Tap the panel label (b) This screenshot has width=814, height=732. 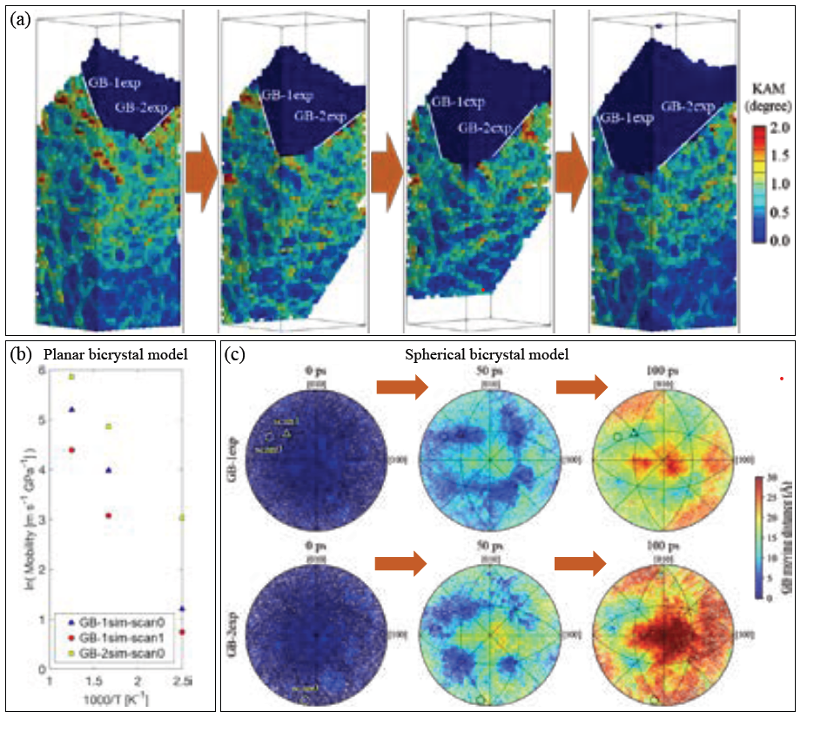(20, 356)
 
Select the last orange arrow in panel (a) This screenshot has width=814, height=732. (571, 172)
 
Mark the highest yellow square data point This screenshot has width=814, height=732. (72, 377)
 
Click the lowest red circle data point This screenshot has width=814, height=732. (182, 632)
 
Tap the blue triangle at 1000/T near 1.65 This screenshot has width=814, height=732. (109, 470)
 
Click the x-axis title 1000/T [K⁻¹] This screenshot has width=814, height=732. (114, 699)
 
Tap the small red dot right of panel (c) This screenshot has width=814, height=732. (782, 378)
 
